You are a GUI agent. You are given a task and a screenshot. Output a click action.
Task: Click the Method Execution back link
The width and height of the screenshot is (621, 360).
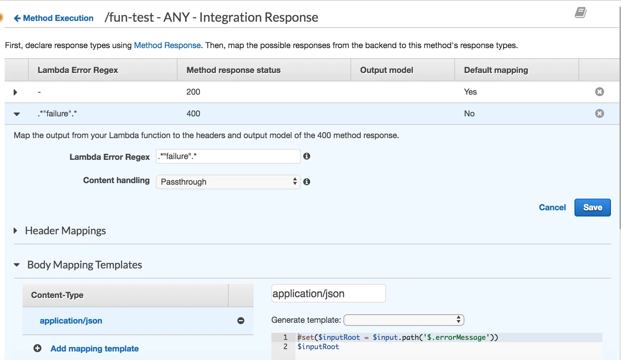click(54, 18)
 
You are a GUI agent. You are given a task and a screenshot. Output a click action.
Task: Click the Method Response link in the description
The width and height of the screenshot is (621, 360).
click(167, 45)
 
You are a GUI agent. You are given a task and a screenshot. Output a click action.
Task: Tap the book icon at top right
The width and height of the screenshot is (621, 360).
click(580, 13)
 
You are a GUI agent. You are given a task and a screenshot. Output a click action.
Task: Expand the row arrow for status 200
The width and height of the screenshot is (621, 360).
click(16, 92)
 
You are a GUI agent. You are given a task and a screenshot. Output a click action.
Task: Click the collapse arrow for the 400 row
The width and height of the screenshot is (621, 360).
click(17, 114)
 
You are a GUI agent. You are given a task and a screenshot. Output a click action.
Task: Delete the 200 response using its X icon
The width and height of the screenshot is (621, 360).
click(599, 92)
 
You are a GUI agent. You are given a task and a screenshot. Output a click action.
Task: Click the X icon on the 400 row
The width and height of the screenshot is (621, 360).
click(599, 114)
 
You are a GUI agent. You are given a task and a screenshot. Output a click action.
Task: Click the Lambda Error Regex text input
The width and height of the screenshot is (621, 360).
click(228, 156)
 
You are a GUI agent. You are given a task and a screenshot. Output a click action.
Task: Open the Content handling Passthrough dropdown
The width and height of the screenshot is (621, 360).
click(228, 182)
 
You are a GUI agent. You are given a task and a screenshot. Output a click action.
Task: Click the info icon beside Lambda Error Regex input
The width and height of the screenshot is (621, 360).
click(307, 156)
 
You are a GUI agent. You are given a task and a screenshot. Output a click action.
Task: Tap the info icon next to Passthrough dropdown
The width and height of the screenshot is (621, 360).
click(307, 182)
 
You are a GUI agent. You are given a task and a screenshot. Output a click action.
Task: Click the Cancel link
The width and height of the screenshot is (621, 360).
click(552, 208)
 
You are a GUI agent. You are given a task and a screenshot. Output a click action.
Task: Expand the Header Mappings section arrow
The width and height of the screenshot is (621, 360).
click(16, 231)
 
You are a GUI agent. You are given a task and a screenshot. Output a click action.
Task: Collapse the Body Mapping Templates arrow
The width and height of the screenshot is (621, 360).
click(17, 265)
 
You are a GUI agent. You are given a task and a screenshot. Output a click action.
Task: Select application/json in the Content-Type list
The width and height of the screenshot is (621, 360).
click(71, 321)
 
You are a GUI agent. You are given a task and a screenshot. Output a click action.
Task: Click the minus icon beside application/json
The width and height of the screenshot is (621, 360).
click(241, 321)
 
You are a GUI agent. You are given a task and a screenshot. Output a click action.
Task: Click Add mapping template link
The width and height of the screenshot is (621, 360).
click(94, 349)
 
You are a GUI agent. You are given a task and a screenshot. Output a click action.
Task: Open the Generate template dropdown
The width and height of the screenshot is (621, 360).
click(404, 320)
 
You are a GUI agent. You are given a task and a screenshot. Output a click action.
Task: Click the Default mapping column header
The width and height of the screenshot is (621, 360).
click(496, 70)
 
